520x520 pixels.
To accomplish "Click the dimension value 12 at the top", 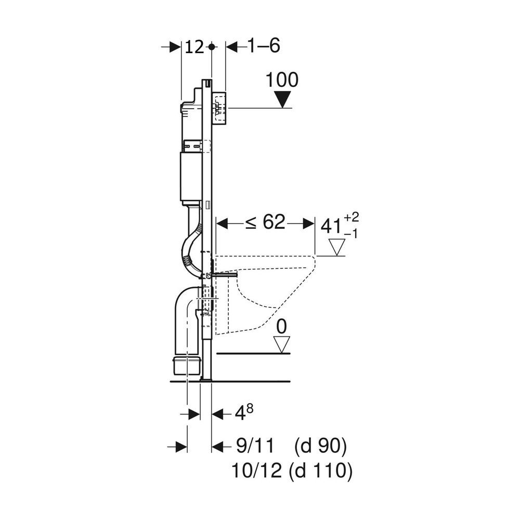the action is (x=194, y=47).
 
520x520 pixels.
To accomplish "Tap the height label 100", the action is (x=282, y=80).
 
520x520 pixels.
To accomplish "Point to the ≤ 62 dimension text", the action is (x=265, y=222).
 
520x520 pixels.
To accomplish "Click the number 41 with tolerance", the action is (x=331, y=227).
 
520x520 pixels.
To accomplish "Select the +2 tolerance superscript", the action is (x=351, y=217).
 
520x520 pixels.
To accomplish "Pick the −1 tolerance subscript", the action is (x=350, y=235).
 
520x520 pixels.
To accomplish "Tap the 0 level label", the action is (x=281, y=327).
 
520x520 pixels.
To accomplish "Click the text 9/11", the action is (x=255, y=446).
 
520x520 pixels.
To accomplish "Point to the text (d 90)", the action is (x=320, y=446).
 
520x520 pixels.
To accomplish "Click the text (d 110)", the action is (x=320, y=471).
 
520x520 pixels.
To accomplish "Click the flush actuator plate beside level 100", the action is (x=220, y=108).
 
